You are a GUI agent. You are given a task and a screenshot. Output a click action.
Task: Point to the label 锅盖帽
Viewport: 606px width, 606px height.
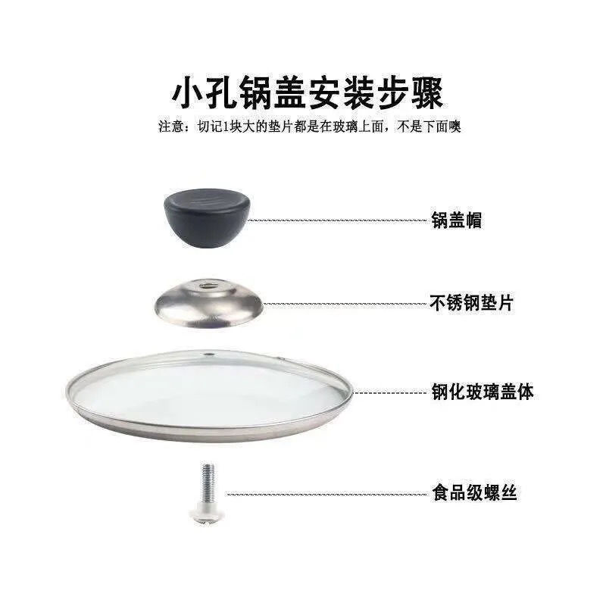(457, 220)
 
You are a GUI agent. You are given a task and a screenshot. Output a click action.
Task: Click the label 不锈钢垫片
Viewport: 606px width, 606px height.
(472, 303)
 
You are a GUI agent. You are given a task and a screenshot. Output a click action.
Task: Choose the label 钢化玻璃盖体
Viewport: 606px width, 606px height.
(483, 392)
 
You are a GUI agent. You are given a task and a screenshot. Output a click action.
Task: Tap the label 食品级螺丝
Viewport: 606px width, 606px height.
(475, 493)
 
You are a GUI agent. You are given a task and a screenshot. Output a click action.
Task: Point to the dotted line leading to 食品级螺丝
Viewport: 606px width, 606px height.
(326, 494)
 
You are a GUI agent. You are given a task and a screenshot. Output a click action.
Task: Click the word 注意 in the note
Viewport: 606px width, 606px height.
(168, 127)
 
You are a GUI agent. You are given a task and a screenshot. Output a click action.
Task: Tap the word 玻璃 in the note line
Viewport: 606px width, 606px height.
(360, 127)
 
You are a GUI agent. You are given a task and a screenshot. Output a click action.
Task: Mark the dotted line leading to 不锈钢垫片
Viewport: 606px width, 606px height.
(345, 304)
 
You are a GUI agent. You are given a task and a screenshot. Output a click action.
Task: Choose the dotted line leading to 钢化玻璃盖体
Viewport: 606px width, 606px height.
(390, 393)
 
